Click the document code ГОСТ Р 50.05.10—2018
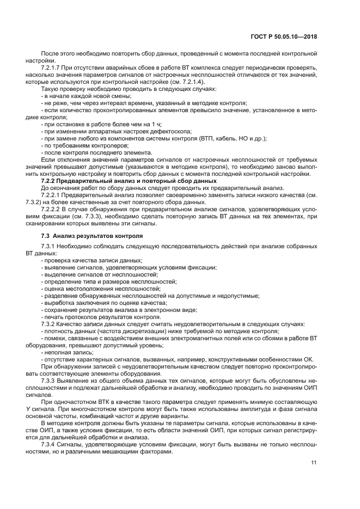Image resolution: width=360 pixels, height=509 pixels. (x=288, y=36)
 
